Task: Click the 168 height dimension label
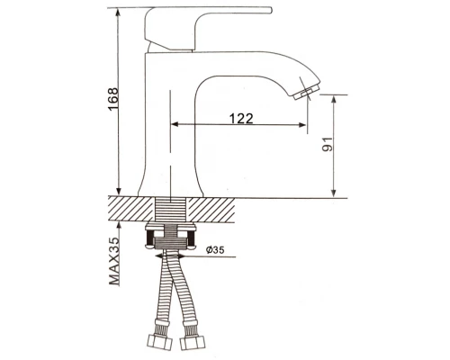[113, 99]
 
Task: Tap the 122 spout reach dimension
[241, 119]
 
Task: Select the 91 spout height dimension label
[328, 144]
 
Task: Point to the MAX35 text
[114, 261]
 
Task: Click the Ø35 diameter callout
[215, 249]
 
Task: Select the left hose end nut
[160, 342]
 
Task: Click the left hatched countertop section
[130, 209]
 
